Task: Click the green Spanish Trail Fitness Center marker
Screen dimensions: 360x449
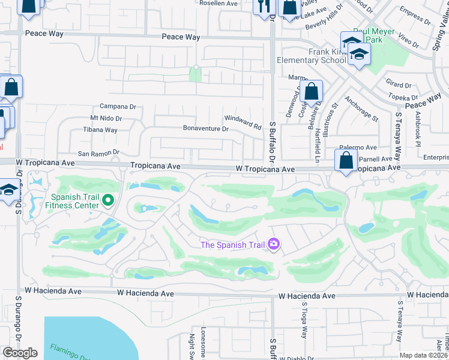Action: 108,200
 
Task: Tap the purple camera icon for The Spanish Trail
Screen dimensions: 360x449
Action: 274,244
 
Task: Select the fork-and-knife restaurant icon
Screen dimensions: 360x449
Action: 263,7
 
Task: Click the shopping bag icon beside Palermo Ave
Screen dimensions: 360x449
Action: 346,161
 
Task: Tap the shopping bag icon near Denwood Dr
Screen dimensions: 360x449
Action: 312,92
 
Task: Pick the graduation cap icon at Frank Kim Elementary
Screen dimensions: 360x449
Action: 359,55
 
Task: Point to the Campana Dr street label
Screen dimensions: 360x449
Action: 118,106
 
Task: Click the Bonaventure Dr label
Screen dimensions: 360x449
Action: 206,128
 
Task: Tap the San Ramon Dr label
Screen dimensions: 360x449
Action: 99,152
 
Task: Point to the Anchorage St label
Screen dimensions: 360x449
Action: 362,109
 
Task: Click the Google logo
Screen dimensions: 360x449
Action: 20,353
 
